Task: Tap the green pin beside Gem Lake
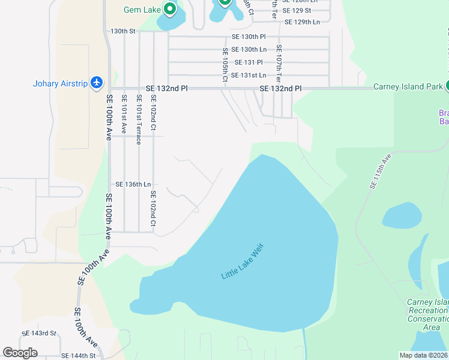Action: pyautogui.click(x=170, y=9)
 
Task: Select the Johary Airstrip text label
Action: pyautogui.click(x=61, y=83)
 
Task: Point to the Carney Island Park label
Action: pyautogui.click(x=408, y=86)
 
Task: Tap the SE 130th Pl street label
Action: pyautogui.click(x=249, y=37)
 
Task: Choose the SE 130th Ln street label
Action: pyautogui.click(x=249, y=50)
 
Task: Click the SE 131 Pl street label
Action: pyautogui.click(x=249, y=62)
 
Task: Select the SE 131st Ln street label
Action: pyautogui.click(x=249, y=75)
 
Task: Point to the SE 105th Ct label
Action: pyautogui.click(x=225, y=63)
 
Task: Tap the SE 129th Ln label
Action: pyautogui.click(x=302, y=22)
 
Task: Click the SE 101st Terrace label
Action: pyautogui.click(x=138, y=119)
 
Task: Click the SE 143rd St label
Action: pyautogui.click(x=38, y=333)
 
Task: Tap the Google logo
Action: pyautogui.click(x=20, y=353)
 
